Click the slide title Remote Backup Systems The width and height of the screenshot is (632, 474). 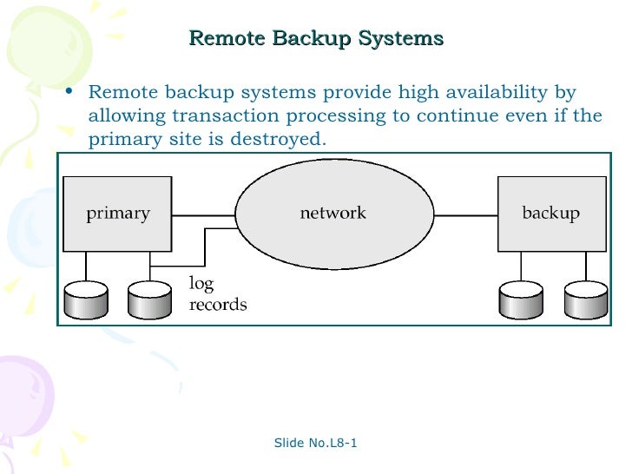click(x=316, y=38)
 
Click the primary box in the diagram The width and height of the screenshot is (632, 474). click(x=117, y=214)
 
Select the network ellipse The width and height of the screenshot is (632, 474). click(x=333, y=214)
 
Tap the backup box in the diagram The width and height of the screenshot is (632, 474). click(x=550, y=214)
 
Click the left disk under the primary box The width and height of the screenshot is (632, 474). click(x=85, y=300)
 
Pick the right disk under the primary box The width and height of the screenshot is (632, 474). click(x=149, y=300)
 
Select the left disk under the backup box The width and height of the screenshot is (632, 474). click(x=519, y=300)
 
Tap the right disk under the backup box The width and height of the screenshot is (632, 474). click(x=583, y=300)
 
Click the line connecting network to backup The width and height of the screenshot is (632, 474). click(x=464, y=214)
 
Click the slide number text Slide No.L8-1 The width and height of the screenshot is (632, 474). click(x=316, y=444)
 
